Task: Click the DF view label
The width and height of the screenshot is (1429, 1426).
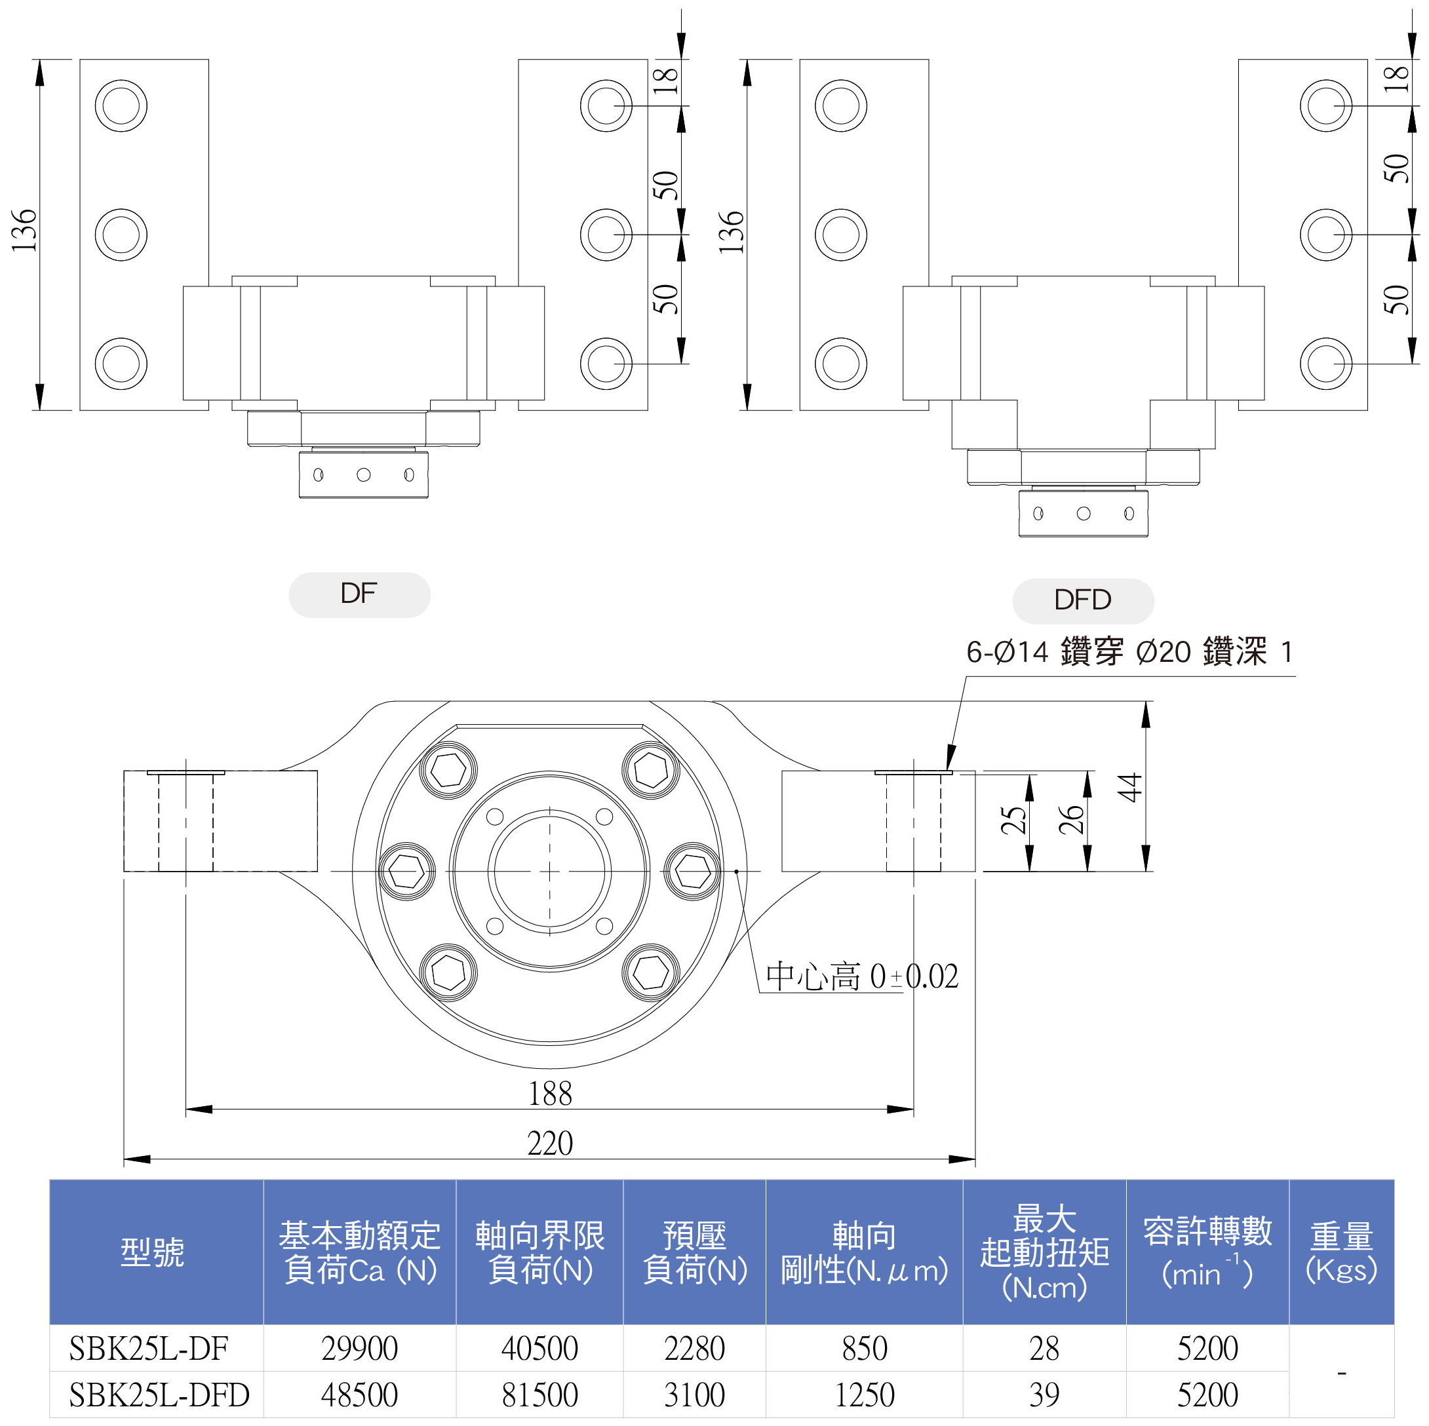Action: tap(359, 593)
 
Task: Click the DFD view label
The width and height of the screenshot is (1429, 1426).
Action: tap(1082, 599)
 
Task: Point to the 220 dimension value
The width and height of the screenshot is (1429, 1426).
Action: tap(549, 1144)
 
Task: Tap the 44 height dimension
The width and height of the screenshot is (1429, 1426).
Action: tap(1130, 787)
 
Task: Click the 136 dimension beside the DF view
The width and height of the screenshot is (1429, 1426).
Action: tap(24, 230)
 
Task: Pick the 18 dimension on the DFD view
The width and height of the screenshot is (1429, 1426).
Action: tap(1395, 79)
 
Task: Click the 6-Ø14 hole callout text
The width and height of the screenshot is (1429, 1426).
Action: tap(1129, 651)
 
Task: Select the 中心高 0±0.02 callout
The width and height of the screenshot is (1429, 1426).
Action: tap(862, 976)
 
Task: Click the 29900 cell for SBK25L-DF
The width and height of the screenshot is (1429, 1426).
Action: tap(359, 1347)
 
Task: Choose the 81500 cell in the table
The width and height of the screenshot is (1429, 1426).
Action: tap(539, 1394)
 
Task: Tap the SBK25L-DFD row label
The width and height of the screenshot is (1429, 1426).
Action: tap(159, 1394)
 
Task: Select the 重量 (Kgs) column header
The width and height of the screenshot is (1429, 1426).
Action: tap(1341, 1252)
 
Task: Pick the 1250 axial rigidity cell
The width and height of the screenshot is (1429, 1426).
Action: tap(864, 1394)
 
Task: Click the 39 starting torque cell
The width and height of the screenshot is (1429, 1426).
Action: tap(1044, 1394)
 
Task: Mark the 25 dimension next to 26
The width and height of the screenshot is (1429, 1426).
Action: tap(1013, 820)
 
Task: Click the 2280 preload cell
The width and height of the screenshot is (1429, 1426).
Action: tap(694, 1347)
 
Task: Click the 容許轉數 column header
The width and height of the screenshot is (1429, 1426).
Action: tap(1207, 1252)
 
